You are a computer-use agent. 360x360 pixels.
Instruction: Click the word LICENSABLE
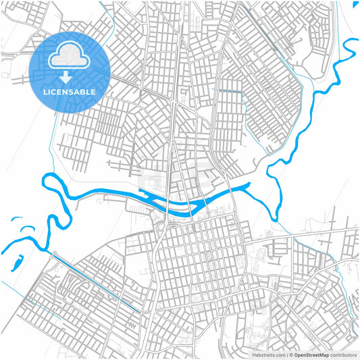[x=70, y=91]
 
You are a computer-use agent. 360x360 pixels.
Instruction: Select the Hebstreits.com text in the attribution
[x=268, y=354]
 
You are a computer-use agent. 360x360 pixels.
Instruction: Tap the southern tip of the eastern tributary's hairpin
[x=275, y=216]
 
